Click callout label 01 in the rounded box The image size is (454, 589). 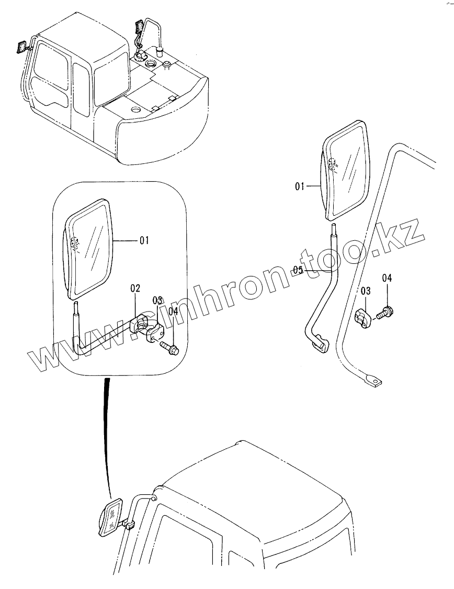[x=144, y=240]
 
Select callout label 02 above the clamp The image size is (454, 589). [x=135, y=288]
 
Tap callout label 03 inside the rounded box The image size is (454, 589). [x=158, y=300]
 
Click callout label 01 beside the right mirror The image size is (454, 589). [x=300, y=185]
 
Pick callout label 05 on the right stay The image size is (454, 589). [x=298, y=270]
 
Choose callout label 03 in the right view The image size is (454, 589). [x=365, y=290]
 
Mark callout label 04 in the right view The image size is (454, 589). [x=387, y=277]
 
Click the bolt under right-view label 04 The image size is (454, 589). [x=386, y=313]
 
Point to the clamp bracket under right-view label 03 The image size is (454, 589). [x=364, y=318]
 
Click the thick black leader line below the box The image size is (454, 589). [x=107, y=435]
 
